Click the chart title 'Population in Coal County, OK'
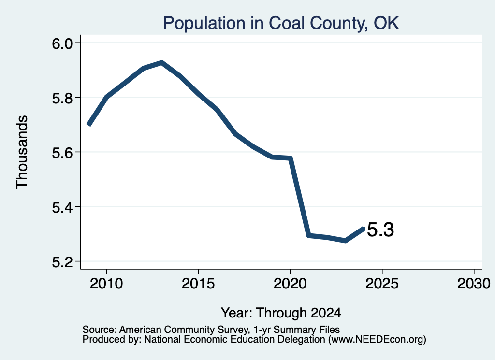281,23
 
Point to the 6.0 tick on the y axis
62,43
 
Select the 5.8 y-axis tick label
62,98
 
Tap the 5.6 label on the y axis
62,152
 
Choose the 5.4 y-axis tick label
62,207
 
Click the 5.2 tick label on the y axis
62,262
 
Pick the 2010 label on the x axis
106,283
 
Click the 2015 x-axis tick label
198,283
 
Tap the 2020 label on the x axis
290,283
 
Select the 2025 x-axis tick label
382,283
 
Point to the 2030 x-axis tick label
474,283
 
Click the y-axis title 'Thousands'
22,152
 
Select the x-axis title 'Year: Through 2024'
281,313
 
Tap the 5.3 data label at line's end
381,230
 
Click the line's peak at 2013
161,62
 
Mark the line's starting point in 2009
89,125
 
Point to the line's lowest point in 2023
345,241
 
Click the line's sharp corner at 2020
291,158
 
